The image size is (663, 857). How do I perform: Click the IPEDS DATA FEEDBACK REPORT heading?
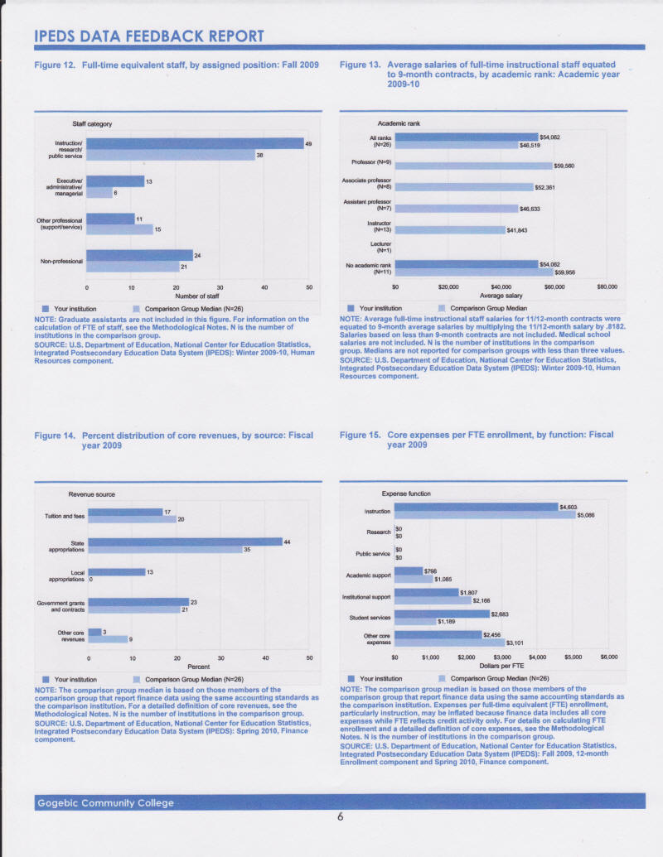coord(149,36)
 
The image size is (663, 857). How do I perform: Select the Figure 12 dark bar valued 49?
coord(195,143)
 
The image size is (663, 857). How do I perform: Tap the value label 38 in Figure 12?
coord(259,155)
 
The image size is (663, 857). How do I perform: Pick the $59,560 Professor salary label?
coord(564,166)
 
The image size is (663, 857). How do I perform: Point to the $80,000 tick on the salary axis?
coord(607,286)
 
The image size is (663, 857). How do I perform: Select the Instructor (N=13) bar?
coord(450,229)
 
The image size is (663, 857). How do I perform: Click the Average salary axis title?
coord(501,294)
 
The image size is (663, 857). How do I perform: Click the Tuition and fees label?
coord(65,516)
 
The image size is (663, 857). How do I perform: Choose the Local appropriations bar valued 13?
coord(116,571)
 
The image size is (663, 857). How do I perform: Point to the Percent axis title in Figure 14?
coord(198,665)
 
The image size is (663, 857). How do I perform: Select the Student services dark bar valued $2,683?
coord(442,614)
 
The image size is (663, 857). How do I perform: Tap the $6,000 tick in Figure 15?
coord(609,657)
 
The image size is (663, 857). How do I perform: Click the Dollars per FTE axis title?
coord(501,664)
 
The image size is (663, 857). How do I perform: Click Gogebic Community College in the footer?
coord(104,802)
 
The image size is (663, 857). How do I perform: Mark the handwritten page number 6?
coord(340,817)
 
